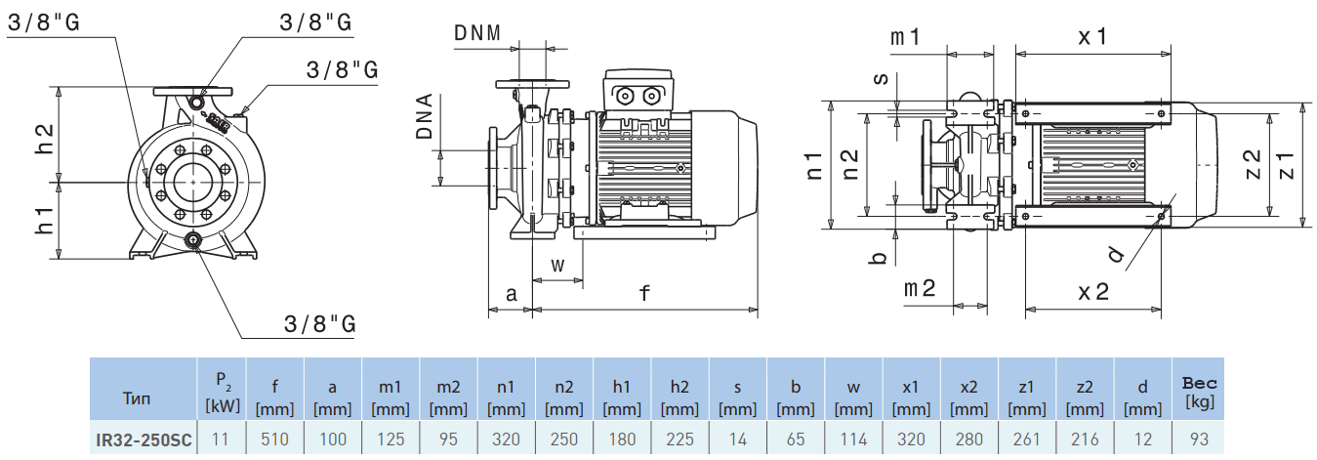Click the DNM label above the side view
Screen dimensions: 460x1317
[x=477, y=32]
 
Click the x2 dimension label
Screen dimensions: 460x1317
[x=1092, y=290]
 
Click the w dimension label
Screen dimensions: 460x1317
[x=557, y=264]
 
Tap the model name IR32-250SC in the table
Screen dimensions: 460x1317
[x=144, y=439]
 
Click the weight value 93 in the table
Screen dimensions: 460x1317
[x=1200, y=439]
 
